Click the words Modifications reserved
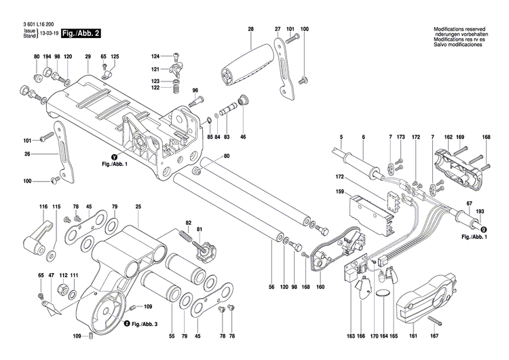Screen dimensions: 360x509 [459, 29]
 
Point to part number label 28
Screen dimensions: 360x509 [250, 29]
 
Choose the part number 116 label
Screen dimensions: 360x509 [43, 206]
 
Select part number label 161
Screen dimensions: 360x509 [412, 336]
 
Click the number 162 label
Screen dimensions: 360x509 [448, 138]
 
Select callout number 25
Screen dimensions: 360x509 [138, 206]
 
